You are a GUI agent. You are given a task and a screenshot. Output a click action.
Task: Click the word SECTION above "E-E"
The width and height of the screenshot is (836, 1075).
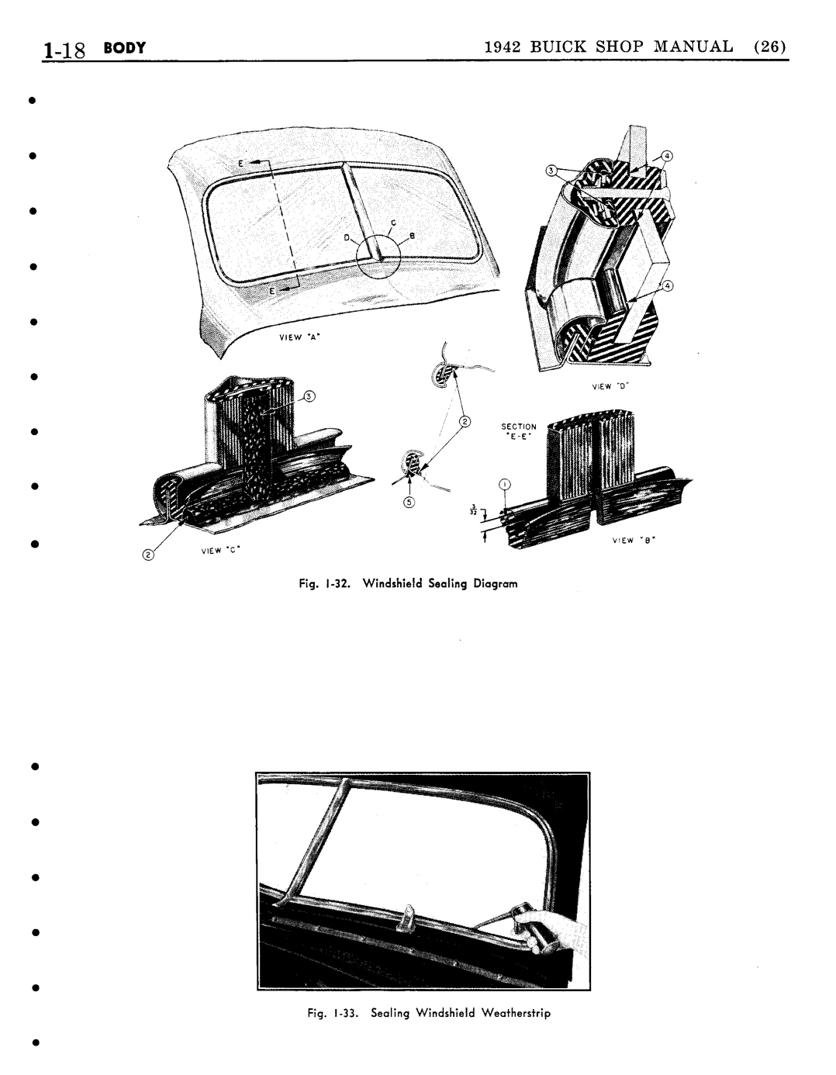(519, 427)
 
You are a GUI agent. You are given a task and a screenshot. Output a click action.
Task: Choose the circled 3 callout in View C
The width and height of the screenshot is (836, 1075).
(308, 399)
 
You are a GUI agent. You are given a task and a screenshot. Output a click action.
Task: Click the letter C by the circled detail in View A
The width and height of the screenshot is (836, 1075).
(393, 223)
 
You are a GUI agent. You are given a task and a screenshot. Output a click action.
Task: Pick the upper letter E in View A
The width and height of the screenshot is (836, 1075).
(240, 164)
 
